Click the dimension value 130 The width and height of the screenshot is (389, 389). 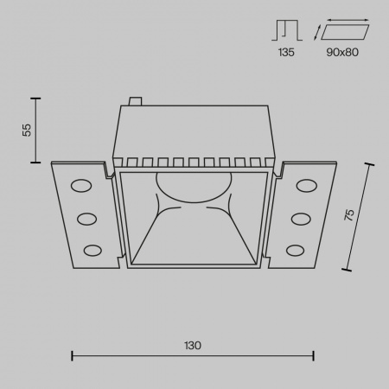click(192, 345)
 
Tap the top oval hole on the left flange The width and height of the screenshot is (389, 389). click(80, 186)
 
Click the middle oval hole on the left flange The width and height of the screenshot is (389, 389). click(86, 218)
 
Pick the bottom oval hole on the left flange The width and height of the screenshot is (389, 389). click(90, 251)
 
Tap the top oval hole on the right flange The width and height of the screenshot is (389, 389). click(306, 185)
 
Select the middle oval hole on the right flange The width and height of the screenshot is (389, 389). click(301, 218)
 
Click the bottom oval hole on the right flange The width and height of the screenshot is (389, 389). click(296, 251)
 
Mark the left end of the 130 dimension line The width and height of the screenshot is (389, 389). click(71, 353)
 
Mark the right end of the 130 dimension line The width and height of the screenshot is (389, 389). click(313, 353)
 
